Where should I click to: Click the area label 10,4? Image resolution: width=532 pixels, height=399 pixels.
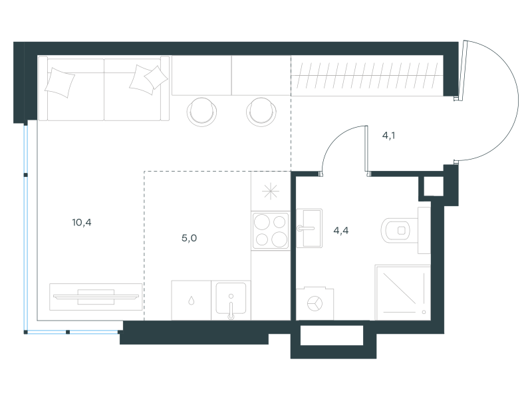tap(82, 223)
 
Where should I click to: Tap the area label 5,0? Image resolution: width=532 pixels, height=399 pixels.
tap(190, 238)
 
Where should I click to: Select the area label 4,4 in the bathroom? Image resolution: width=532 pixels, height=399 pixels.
tap(341, 231)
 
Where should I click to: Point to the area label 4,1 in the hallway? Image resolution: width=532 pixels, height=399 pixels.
tap(388, 136)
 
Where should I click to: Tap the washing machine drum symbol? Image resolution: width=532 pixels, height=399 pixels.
tap(315, 303)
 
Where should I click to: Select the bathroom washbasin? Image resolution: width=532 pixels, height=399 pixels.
tap(309, 228)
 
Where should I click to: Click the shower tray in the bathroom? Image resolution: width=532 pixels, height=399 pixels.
tap(403, 293)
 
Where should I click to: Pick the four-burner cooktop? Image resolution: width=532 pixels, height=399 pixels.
tap(271, 231)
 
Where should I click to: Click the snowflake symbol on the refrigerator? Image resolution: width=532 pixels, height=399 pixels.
tap(271, 192)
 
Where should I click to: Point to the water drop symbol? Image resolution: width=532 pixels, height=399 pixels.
tap(192, 301)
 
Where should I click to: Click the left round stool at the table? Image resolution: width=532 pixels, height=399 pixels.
tap(201, 112)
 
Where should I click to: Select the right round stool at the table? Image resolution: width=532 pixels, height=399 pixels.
tap(261, 112)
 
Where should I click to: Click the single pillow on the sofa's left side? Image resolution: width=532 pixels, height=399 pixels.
tap(60, 82)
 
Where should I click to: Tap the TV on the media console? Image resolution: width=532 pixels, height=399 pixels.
tap(96, 297)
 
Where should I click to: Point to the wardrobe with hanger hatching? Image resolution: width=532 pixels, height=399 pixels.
tap(367, 75)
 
